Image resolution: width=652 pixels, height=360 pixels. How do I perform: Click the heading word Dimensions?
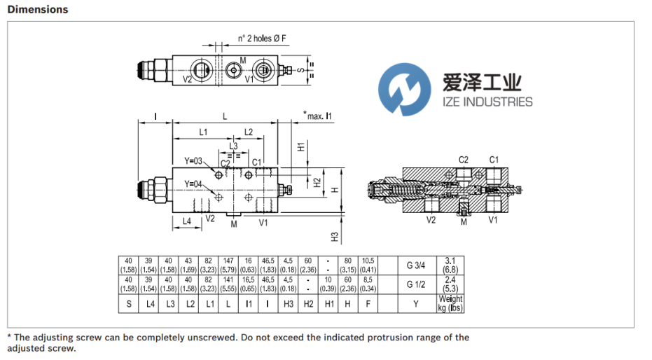pyautogui.click(x=38, y=10)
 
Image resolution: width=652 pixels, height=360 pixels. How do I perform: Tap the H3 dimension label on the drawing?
pyautogui.click(x=335, y=237)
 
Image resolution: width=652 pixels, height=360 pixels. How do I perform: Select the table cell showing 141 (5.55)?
pyautogui.click(x=228, y=284)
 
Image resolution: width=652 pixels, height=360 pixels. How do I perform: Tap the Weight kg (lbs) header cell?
pyautogui.click(x=451, y=303)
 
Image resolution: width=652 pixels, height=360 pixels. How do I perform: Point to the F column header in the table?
pyautogui.click(x=368, y=303)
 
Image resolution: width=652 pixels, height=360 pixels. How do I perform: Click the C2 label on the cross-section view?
pyautogui.click(x=464, y=160)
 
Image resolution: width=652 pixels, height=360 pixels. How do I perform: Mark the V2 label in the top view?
pyautogui.click(x=188, y=80)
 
